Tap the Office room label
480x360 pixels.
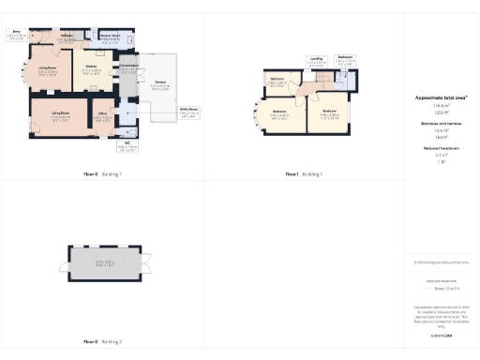point(104,117)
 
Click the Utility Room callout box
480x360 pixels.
point(189,112)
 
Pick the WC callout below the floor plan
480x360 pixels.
point(127,146)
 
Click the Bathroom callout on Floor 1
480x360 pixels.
point(345,60)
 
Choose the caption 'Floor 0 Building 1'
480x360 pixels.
point(101,174)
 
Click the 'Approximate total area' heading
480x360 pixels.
point(441,97)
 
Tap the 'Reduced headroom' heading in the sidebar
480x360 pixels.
point(441,148)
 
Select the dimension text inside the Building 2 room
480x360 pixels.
point(105,262)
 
